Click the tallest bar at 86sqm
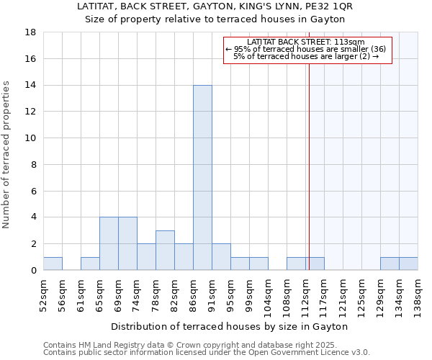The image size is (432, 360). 202,178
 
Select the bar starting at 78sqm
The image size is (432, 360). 165,251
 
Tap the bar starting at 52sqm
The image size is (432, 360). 53,264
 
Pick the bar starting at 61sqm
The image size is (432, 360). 90,264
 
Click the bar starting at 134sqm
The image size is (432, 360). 408,264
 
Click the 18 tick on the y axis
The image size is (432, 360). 31,32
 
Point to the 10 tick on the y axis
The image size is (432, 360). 31,138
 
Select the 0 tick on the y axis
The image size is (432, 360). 34,271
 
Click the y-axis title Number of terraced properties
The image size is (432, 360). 7,155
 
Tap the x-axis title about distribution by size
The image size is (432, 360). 230,326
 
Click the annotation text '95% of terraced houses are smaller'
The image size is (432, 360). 306,49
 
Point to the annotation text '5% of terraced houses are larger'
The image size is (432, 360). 306,56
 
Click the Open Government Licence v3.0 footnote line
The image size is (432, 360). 207,353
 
